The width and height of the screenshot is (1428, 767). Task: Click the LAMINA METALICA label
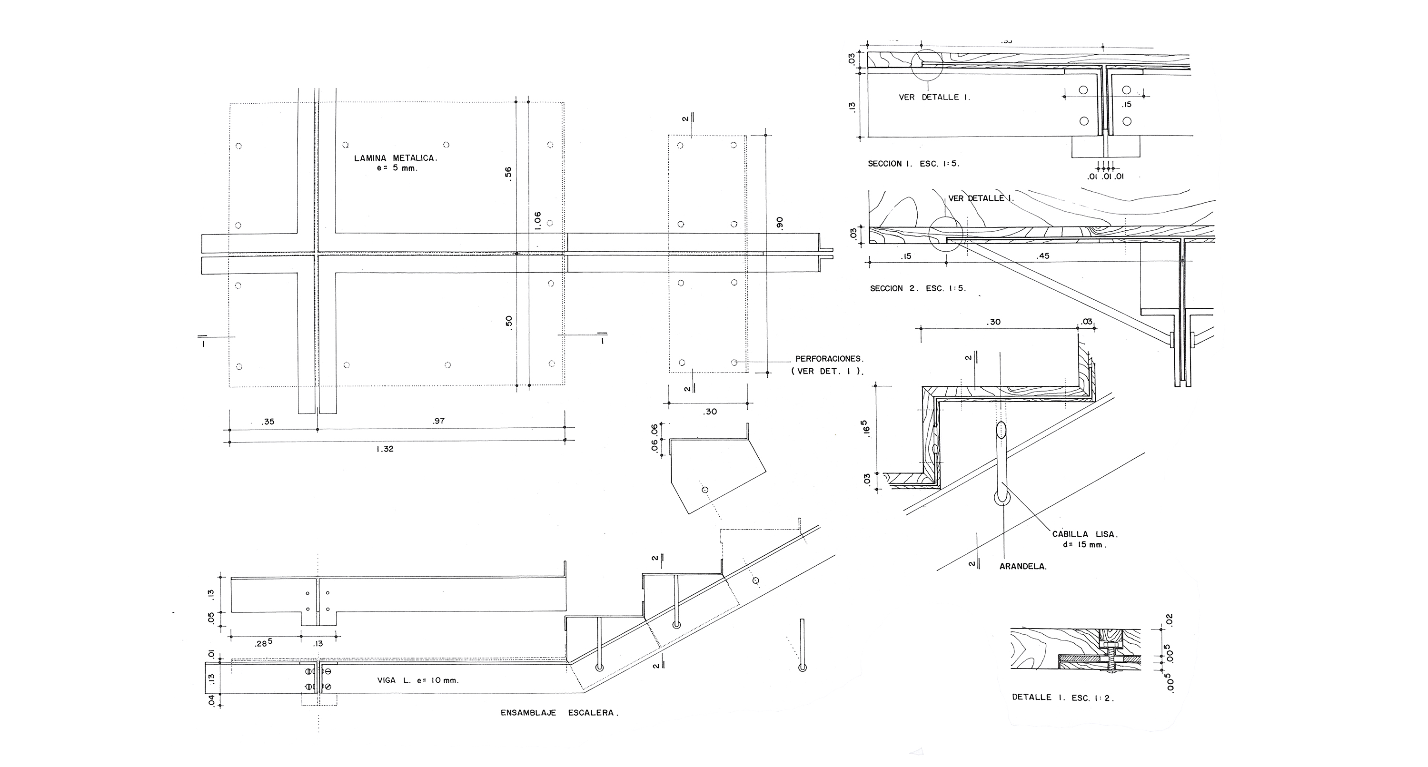pos(396,158)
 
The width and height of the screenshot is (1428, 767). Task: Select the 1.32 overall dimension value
pos(384,449)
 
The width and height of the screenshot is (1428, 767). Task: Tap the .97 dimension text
pos(438,421)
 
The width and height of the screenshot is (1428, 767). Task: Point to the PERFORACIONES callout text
pos(829,359)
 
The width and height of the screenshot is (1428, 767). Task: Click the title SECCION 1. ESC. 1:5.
pos(913,164)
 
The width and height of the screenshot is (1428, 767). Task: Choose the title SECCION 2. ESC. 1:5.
pos(917,289)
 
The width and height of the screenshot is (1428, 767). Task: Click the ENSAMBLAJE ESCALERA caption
pos(559,713)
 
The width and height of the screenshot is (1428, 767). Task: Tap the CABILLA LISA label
pos(1078,535)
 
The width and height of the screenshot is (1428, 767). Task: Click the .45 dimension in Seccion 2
pos(1043,256)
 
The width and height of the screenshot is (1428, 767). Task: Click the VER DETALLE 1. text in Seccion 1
pos(934,98)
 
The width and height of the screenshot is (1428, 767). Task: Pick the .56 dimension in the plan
pos(508,173)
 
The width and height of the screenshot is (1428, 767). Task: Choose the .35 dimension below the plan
pos(268,422)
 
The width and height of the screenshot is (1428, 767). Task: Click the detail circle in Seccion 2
pos(946,235)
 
